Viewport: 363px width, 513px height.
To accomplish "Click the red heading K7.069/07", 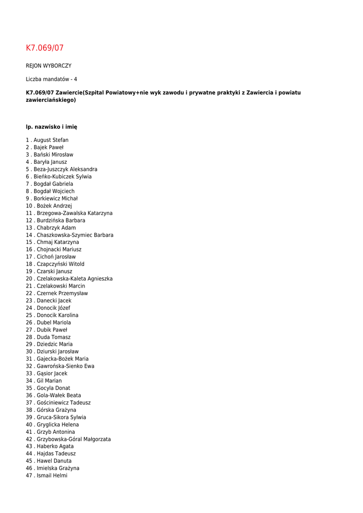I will click(x=45, y=48).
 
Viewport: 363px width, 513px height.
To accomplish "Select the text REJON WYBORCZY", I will click(x=49, y=66).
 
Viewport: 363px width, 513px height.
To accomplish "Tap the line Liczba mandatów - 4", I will click(x=52, y=79).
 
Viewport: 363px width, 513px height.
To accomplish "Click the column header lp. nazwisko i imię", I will click(x=52, y=127).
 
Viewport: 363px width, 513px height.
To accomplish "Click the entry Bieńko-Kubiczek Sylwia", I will click(x=63, y=177).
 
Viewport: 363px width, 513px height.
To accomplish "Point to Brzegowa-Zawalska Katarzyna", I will click(x=75, y=213).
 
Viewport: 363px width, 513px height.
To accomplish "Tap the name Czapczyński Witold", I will click(x=61, y=264).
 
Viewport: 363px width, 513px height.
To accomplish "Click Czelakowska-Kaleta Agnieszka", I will click(x=75, y=279).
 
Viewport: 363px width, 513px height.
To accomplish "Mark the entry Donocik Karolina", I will click(x=58, y=315).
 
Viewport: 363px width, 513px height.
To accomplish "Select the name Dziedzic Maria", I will click(x=55, y=344).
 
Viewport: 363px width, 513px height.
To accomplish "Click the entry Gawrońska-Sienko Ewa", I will click(x=66, y=366).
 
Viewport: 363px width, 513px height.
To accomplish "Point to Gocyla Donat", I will click(x=54, y=388).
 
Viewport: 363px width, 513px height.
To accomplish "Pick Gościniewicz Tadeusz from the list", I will click(x=64, y=403).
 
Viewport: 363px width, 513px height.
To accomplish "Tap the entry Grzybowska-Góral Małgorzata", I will click(x=74, y=439).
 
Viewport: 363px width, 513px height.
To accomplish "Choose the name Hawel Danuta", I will click(x=54, y=461).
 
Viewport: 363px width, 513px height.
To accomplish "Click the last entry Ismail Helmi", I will click(x=52, y=475).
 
